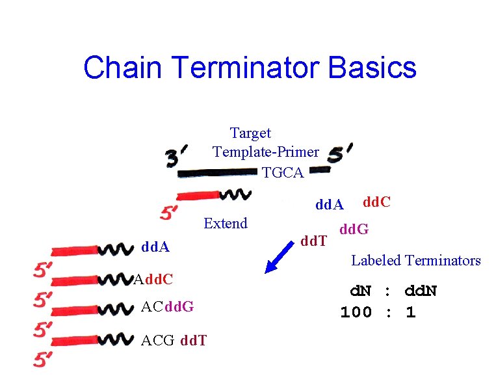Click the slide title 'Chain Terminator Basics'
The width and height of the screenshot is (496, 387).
coord(250,68)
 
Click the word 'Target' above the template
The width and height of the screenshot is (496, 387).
coord(250,133)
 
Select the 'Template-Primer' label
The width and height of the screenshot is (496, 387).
coord(265,152)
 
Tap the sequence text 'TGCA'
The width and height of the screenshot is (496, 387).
coord(283,172)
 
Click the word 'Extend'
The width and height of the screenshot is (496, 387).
coord(225,224)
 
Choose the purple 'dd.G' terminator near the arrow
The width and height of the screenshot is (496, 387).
coord(354,229)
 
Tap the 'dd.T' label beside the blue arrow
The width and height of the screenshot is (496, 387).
coord(314,242)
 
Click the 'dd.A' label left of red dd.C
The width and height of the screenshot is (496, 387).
coord(330,206)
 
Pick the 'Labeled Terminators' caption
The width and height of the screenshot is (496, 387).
coord(415,261)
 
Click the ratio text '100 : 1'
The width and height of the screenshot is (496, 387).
coord(378,312)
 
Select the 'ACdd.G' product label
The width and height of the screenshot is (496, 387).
coord(167,306)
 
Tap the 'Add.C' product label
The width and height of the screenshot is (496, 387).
coord(153,280)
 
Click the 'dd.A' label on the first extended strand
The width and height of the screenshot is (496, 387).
coord(155,248)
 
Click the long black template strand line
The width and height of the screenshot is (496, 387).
coord(218,173)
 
